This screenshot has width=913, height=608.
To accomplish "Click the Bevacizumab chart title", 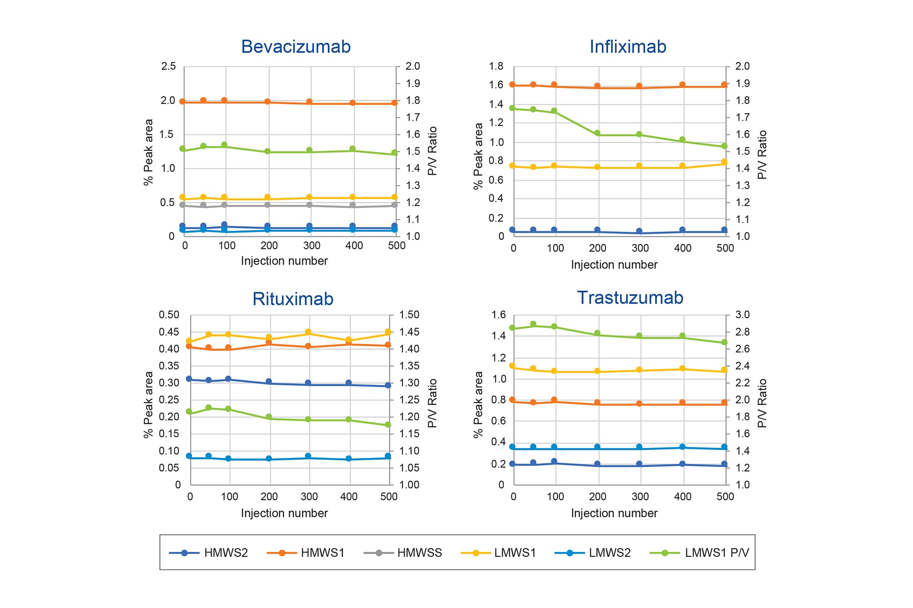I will [x=296, y=47].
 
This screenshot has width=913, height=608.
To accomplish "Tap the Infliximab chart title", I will [x=628, y=47].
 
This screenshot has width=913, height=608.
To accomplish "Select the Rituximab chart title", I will [x=293, y=299].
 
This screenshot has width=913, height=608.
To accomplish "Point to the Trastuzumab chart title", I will [x=630, y=297].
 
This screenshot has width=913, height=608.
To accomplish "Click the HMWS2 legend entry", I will [x=209, y=553].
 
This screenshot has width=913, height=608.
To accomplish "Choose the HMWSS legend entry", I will [x=403, y=553].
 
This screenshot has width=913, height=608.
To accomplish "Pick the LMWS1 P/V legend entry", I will [x=699, y=553].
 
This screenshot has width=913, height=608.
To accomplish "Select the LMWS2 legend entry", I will [x=593, y=553].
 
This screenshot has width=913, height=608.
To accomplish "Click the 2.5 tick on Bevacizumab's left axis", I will [x=168, y=67].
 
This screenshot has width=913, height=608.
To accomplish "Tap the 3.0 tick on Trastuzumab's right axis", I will [x=742, y=315].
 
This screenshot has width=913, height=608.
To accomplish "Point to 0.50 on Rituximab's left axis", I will [x=169, y=315].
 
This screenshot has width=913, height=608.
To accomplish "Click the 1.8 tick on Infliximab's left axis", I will [x=496, y=67].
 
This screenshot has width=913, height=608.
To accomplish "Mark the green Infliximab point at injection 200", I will [x=597, y=133].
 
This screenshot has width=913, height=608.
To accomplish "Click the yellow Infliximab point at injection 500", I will [x=724, y=162].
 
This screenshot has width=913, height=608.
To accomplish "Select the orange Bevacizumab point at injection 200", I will [x=268, y=101].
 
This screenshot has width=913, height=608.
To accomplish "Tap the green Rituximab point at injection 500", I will [x=388, y=425].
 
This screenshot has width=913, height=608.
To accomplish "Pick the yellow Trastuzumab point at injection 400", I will [x=682, y=369].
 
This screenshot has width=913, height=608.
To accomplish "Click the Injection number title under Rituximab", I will [x=284, y=513].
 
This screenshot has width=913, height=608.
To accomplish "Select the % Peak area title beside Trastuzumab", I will [x=478, y=404].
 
